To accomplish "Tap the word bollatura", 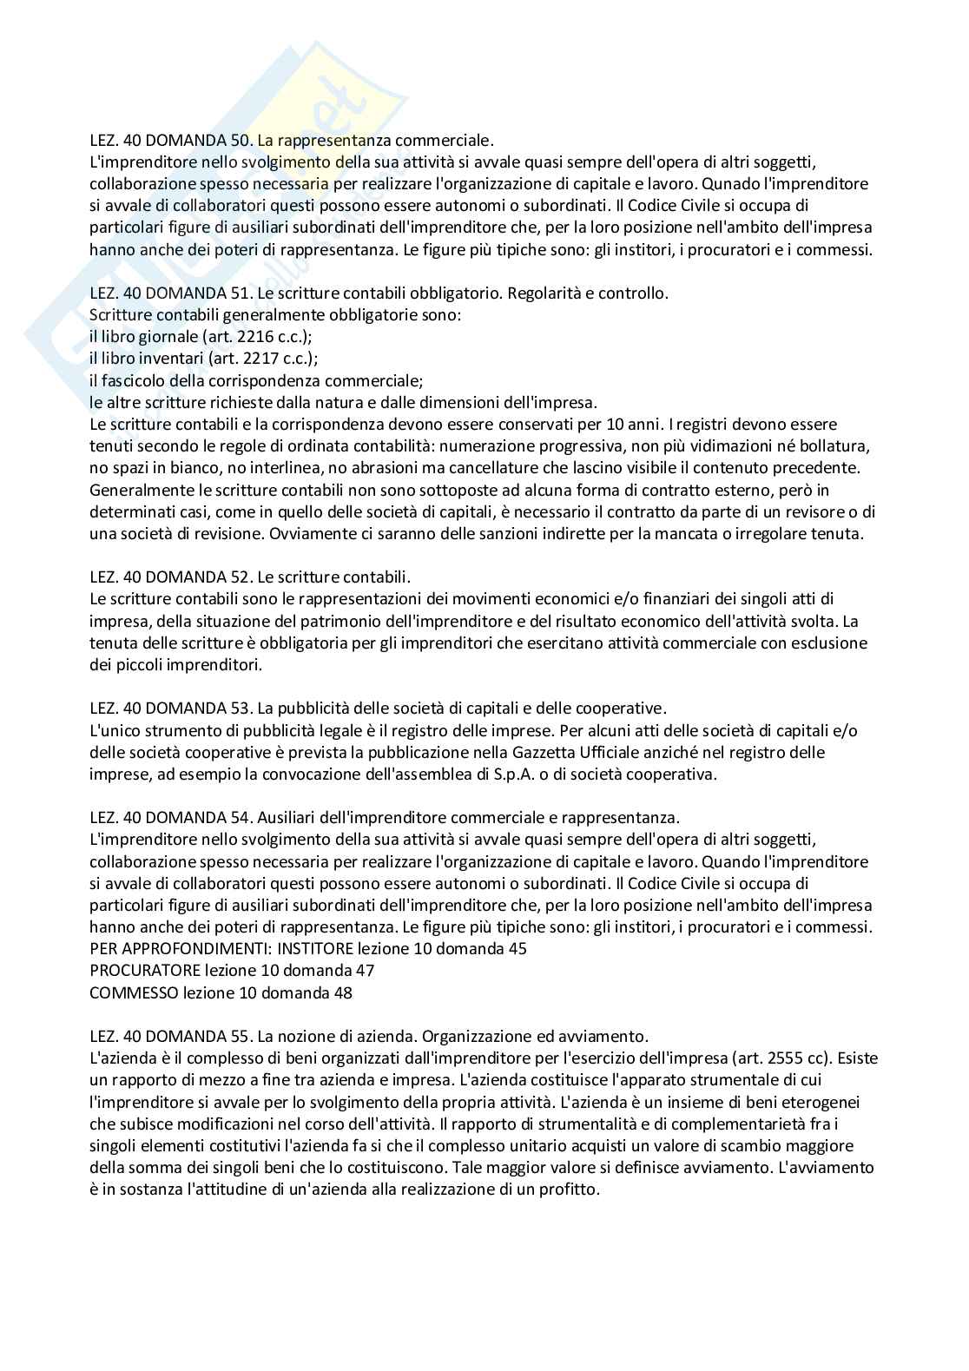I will (x=835, y=446).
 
